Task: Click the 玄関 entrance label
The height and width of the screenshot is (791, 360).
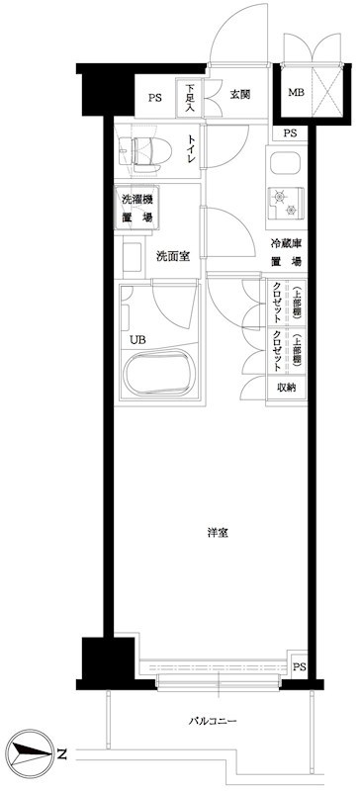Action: click(239, 96)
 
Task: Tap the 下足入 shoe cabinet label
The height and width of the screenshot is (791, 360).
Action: click(190, 98)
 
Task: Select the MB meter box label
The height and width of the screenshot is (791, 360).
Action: click(296, 94)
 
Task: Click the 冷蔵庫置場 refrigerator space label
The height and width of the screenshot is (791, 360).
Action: click(288, 252)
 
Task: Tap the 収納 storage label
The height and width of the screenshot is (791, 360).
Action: click(287, 387)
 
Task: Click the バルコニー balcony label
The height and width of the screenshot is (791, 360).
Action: click(213, 721)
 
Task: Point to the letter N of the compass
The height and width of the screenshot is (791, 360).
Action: click(61, 754)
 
